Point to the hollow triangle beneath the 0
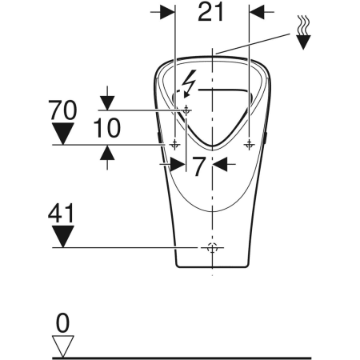tap(63, 345)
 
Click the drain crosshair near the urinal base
tap(212, 248)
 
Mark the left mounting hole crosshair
tap(175, 144)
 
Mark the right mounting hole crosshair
tap(249, 144)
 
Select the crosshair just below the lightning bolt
tap(187, 109)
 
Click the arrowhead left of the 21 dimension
tap(166, 11)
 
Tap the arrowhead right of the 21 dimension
tap(258, 11)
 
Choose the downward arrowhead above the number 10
tap(106, 102)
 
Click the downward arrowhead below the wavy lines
tap(303, 42)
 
